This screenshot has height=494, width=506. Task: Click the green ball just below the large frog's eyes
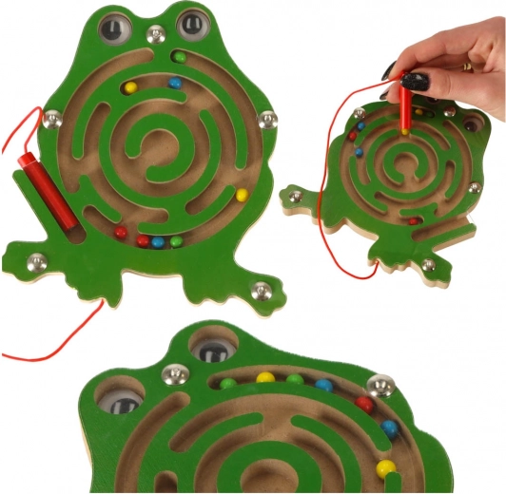179,57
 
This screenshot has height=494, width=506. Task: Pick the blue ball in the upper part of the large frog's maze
174,83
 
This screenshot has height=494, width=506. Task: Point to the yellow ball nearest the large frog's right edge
242,196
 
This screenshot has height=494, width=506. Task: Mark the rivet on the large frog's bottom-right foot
261,290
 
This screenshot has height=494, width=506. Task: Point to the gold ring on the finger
468,66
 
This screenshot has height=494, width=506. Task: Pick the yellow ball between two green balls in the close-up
265,377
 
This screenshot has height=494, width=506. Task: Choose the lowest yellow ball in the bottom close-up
384,467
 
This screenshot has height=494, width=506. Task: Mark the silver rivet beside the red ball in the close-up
381,385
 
